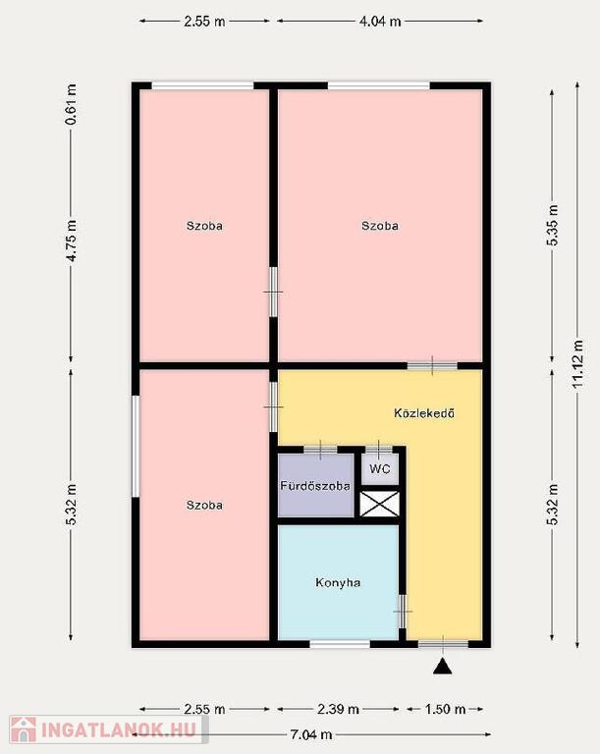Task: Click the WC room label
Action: [x=380, y=468]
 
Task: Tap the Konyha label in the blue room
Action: [x=338, y=582]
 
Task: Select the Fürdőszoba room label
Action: [x=315, y=486]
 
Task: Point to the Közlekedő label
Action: [x=424, y=413]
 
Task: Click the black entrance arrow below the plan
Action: [x=442, y=667]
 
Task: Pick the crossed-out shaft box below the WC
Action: [x=380, y=504]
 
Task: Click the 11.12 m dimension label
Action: [x=577, y=364]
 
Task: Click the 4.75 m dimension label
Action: [x=71, y=241]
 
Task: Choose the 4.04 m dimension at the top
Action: [x=380, y=22]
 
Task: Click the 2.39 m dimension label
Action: [x=338, y=709]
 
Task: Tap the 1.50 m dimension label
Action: [x=445, y=709]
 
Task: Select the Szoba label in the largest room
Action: [x=380, y=226]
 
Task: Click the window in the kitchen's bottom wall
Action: [x=340, y=644]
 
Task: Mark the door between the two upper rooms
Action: [x=273, y=292]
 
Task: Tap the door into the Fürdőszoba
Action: [x=320, y=450]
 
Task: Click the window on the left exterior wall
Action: [x=136, y=447]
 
